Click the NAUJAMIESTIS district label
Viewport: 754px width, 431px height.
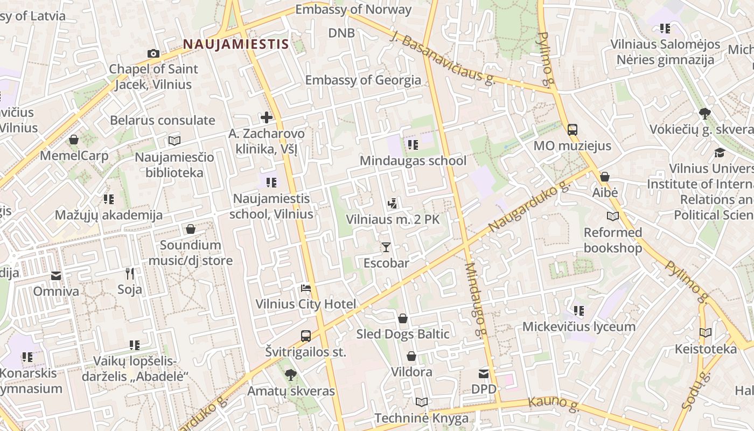pos(235,44)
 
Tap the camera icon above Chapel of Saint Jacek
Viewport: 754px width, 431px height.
pos(153,53)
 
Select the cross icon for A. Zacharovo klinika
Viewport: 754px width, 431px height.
pos(266,117)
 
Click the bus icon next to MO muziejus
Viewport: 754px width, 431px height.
pos(573,130)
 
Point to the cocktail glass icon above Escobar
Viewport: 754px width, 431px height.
pos(386,247)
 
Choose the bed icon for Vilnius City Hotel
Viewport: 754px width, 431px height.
pos(306,288)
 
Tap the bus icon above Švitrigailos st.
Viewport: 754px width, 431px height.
pos(306,336)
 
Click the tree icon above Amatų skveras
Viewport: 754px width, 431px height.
pos(291,374)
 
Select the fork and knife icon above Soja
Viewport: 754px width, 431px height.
pos(129,274)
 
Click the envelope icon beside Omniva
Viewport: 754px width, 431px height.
pos(56,276)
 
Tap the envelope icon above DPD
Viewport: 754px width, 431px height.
pos(484,373)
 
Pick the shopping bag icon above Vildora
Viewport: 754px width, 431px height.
pos(411,356)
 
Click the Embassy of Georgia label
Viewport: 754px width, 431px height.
pos(363,80)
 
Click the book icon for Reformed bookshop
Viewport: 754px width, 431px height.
pos(613,217)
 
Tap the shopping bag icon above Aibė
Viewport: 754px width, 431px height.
pos(605,177)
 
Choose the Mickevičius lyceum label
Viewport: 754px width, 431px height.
pos(579,326)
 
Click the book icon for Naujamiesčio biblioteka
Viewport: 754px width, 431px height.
pos(174,141)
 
